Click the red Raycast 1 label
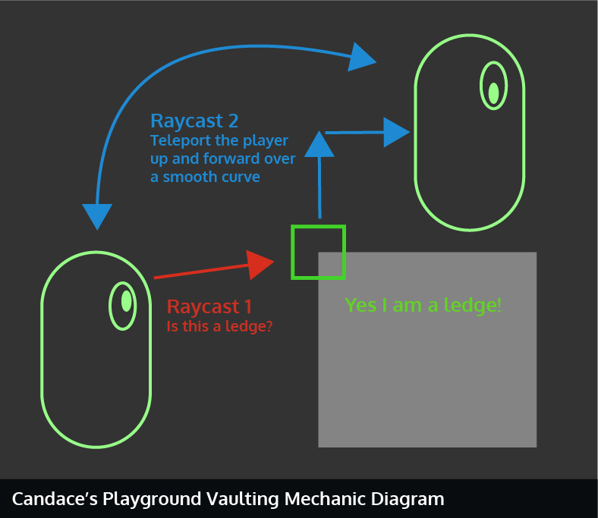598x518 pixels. coord(209,307)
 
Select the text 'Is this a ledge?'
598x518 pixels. coord(220,326)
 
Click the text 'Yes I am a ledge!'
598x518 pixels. coord(423,306)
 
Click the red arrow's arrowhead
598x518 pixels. coord(260,262)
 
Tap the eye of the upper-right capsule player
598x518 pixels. coord(493,93)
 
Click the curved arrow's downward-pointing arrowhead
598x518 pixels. coord(96,215)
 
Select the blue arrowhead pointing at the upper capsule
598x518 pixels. coord(396,132)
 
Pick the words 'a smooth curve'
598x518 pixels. coord(205,177)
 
